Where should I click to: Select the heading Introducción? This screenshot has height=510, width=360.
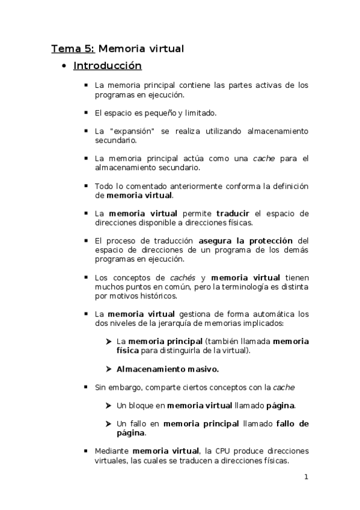click(x=107, y=66)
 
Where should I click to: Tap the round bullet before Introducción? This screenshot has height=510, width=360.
click(x=64, y=66)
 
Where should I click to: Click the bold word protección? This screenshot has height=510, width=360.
click(x=267, y=241)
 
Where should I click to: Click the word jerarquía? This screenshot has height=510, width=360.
click(x=181, y=323)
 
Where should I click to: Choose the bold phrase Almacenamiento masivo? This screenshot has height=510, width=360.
click(x=167, y=369)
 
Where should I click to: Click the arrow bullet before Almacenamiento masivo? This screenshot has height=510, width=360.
click(x=109, y=369)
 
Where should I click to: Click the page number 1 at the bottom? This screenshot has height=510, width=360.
click(x=306, y=478)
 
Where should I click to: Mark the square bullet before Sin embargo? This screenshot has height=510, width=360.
click(x=87, y=387)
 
